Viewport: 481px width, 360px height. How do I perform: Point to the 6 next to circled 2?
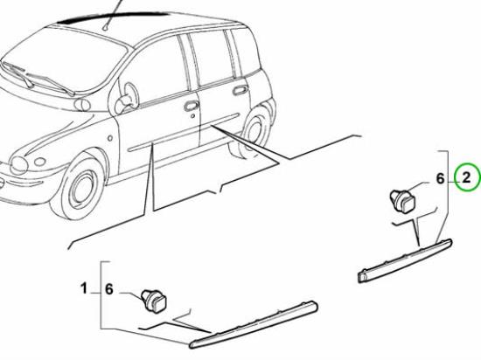441,180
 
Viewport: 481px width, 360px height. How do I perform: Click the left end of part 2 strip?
361,277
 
